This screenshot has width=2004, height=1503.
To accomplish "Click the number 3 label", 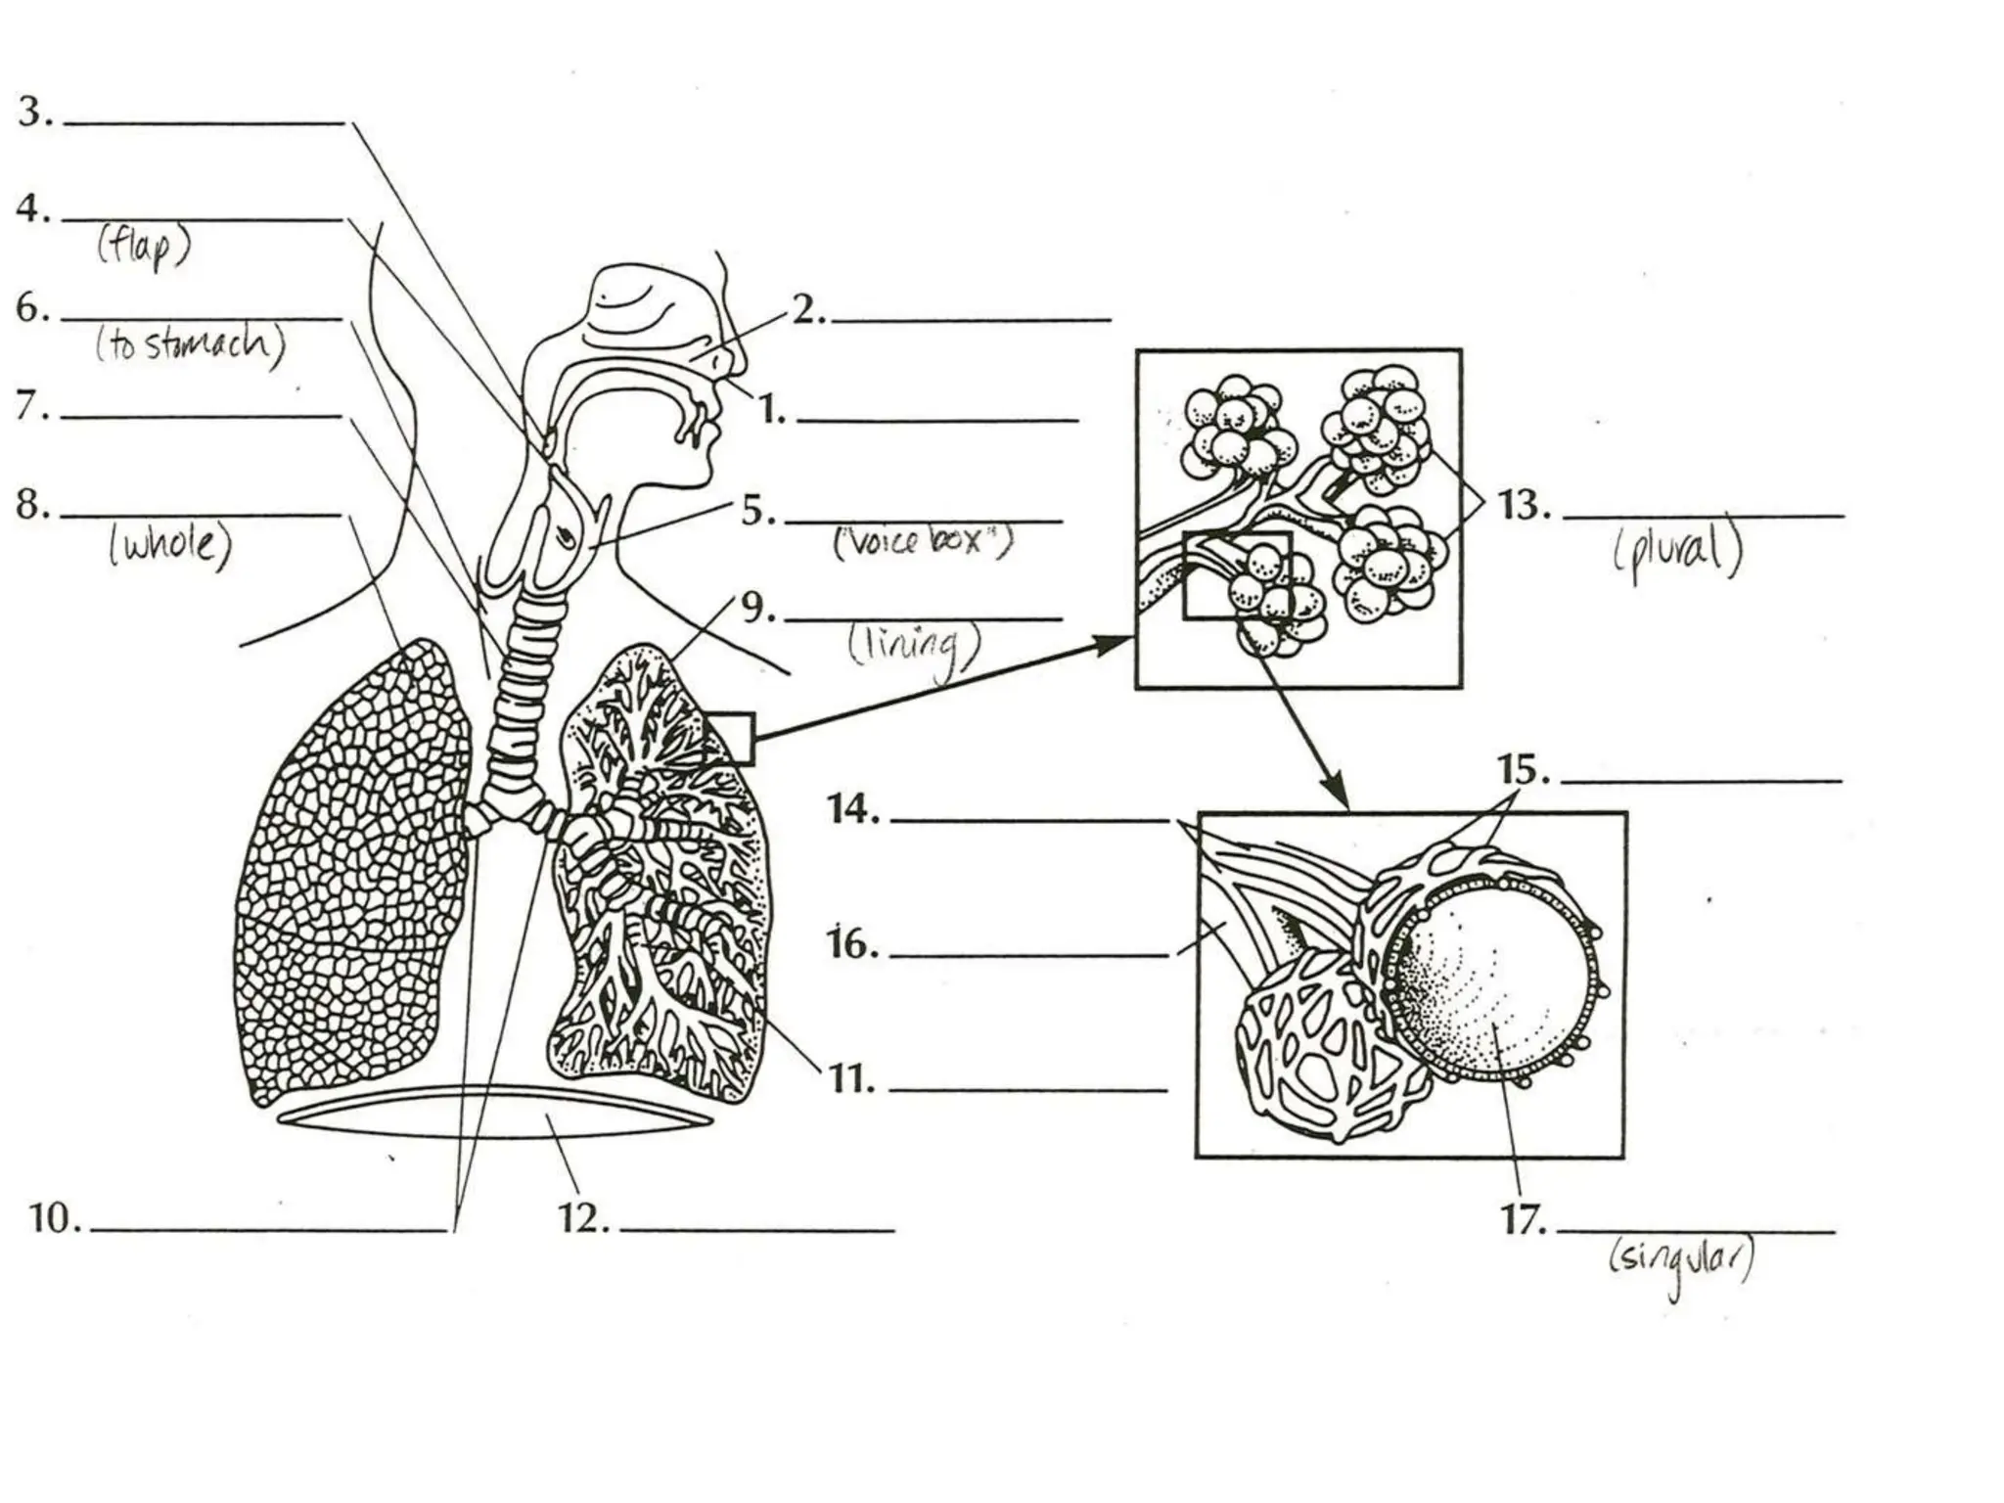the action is (33, 113).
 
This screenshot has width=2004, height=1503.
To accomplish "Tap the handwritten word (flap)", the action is (143, 248).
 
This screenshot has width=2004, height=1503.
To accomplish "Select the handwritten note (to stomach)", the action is (190, 344).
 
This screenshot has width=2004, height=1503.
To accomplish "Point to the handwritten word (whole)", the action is (170, 544).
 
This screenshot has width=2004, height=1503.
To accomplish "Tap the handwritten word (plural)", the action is (1678, 551).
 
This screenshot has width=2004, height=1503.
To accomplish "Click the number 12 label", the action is (583, 1219).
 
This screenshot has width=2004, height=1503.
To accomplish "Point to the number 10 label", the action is (54, 1219).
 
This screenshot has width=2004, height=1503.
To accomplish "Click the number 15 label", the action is (1524, 771).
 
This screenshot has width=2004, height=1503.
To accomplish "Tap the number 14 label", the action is (853, 810).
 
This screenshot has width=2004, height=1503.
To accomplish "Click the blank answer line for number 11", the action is (1027, 1089).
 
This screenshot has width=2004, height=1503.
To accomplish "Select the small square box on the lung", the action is (729, 739).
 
